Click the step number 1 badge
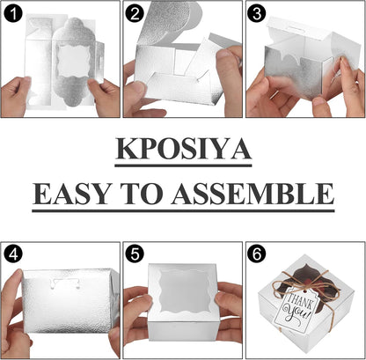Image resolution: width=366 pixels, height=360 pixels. [x=13, y=13]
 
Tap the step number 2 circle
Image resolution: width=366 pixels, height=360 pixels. [x=135, y=13]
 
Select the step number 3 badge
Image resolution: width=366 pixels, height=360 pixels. [x=256, y=13]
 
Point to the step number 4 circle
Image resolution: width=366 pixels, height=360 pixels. [x=13, y=254]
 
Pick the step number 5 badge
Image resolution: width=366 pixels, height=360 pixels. [x=135, y=254]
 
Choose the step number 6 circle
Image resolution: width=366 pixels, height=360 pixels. [x=256, y=254]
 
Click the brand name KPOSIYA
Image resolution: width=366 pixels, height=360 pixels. [x=183, y=149]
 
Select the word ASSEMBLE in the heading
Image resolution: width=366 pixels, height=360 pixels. [x=253, y=194]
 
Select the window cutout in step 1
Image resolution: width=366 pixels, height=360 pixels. [x=74, y=61]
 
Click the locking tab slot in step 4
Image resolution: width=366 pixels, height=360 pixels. [x=65, y=283]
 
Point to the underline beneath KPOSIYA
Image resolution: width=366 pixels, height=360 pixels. [x=183, y=165]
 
